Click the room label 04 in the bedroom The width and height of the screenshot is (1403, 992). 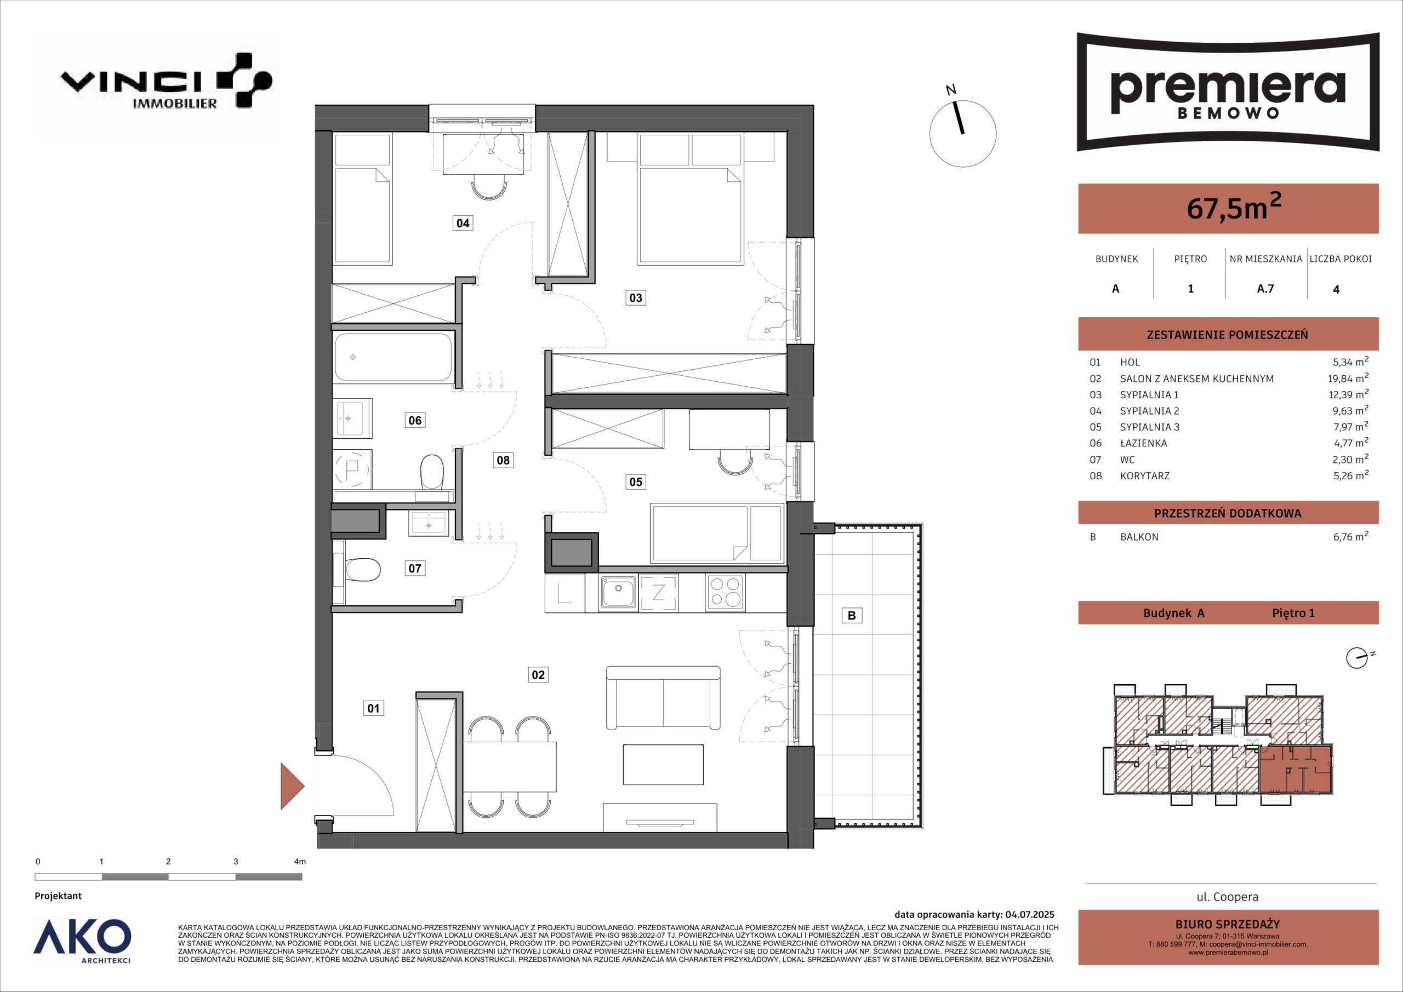[x=463, y=223]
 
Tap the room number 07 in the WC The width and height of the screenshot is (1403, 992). [x=415, y=569]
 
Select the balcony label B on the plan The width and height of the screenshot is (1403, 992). [x=852, y=616]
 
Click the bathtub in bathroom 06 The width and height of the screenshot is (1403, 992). [x=393, y=357]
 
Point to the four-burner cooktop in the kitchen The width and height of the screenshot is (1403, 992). [x=725, y=592]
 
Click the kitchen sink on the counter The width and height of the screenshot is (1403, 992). [x=618, y=593]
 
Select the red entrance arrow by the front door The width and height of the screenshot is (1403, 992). [x=292, y=785]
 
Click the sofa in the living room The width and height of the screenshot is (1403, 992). [x=663, y=697]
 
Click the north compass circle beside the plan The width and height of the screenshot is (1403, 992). [x=962, y=133]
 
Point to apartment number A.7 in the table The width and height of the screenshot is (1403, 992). [x=1265, y=288]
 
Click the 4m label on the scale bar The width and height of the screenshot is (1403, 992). [x=299, y=862]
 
